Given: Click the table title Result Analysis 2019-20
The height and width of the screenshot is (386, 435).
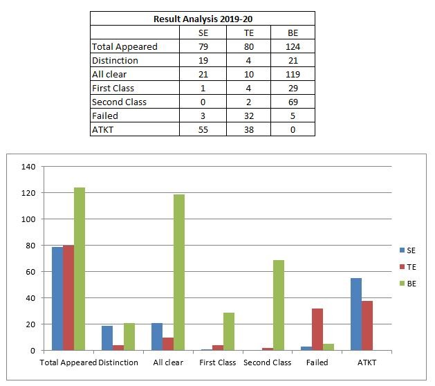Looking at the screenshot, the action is [203, 19].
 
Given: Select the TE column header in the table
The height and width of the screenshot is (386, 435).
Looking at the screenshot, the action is [248, 33].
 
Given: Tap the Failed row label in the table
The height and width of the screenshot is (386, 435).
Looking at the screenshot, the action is [105, 116].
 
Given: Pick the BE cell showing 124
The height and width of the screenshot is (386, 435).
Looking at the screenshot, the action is [293, 46].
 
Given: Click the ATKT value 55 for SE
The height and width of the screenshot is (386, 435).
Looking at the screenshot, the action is [203, 129].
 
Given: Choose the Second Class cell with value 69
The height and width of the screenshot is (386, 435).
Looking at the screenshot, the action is [293, 102].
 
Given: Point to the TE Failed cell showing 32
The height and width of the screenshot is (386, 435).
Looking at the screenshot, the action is [249, 116].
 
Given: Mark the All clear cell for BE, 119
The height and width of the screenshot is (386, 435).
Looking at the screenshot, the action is [293, 75].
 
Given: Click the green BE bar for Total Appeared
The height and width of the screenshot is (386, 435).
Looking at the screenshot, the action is [80, 269].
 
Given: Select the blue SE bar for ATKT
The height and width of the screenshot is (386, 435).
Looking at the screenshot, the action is [356, 314].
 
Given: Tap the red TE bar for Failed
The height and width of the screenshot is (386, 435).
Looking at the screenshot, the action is [317, 329].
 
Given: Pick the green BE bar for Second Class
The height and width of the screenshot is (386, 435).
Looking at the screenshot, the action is [279, 305].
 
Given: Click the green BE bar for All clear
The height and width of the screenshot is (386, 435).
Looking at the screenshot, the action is [179, 273].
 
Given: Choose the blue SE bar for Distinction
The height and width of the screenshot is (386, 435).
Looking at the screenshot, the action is [107, 338].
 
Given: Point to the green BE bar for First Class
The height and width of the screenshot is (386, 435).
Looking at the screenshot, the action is [229, 331].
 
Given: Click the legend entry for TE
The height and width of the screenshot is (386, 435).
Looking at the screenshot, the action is [408, 267].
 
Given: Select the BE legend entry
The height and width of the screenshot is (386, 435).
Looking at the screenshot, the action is [408, 284].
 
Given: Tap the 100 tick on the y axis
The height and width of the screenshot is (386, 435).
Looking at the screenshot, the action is [28, 219].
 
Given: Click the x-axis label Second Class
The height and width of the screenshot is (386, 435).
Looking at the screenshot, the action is [268, 362].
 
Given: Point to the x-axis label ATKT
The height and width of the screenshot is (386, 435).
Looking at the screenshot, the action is [367, 362].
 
